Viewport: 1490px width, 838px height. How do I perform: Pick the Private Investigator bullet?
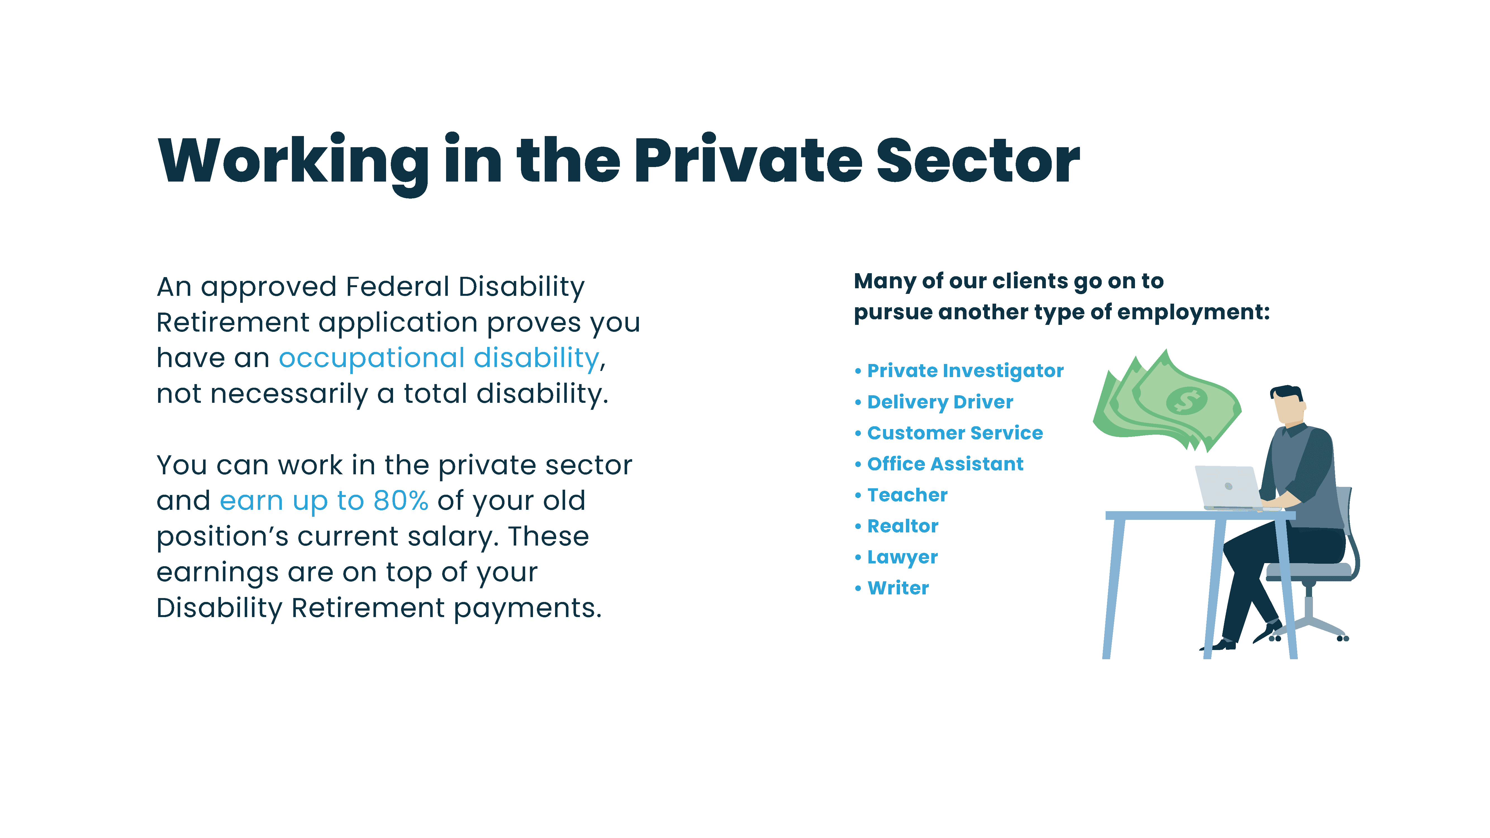(x=960, y=371)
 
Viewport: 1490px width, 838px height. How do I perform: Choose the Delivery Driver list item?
(x=934, y=402)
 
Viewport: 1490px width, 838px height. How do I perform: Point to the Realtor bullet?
(x=897, y=526)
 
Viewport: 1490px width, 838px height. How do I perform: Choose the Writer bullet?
(x=892, y=588)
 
